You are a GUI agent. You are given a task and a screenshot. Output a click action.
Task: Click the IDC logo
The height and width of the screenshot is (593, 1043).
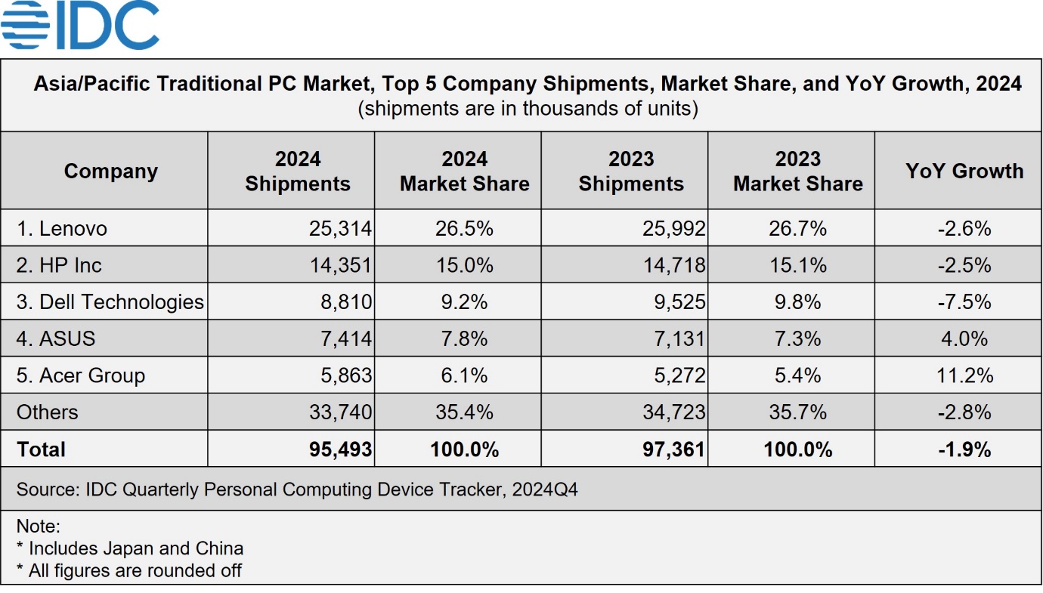pyautogui.click(x=80, y=26)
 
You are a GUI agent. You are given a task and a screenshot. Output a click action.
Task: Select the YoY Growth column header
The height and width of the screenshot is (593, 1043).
pyautogui.click(x=964, y=171)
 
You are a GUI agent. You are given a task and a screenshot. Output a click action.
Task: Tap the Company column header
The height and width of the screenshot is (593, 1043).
pyautogui.click(x=110, y=171)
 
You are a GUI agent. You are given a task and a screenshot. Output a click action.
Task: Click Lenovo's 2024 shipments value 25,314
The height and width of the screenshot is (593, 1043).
pyautogui.click(x=340, y=228)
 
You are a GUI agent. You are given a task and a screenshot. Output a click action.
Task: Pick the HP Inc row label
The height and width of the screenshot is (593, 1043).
pyautogui.click(x=59, y=265)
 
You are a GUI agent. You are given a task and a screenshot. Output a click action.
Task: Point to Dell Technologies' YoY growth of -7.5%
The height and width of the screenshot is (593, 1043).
pyautogui.click(x=964, y=302)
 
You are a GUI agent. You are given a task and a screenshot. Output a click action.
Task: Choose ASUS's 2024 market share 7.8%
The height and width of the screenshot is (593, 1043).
pyautogui.click(x=464, y=338)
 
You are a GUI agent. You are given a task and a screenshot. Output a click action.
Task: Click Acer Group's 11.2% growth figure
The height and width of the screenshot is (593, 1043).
pyautogui.click(x=964, y=375)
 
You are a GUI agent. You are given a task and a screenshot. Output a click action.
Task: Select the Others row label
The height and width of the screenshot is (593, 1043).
pyautogui.click(x=47, y=412)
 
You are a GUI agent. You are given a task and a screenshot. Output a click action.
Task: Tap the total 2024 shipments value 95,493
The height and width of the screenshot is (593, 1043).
pyautogui.click(x=340, y=449)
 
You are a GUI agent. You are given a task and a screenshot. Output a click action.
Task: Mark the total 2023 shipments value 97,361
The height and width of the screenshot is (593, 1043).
pyautogui.click(x=673, y=449)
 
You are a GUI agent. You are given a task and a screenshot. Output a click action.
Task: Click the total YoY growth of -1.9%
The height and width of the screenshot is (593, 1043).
pyautogui.click(x=964, y=449)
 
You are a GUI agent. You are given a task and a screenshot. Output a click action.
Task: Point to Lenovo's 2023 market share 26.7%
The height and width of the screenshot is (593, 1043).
pyautogui.click(x=797, y=228)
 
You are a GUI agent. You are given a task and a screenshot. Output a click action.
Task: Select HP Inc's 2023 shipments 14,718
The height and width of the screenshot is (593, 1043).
pyautogui.click(x=673, y=265)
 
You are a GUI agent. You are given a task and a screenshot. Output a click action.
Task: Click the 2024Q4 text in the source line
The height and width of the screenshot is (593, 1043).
pyautogui.click(x=544, y=490)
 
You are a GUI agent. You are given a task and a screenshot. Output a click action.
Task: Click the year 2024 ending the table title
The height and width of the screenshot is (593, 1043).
pyautogui.click(x=998, y=83)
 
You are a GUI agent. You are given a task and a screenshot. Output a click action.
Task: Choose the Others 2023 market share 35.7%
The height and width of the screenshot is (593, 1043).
pyautogui.click(x=797, y=412)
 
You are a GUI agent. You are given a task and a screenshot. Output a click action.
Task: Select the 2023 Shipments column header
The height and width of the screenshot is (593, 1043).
pyautogui.click(x=631, y=171)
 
